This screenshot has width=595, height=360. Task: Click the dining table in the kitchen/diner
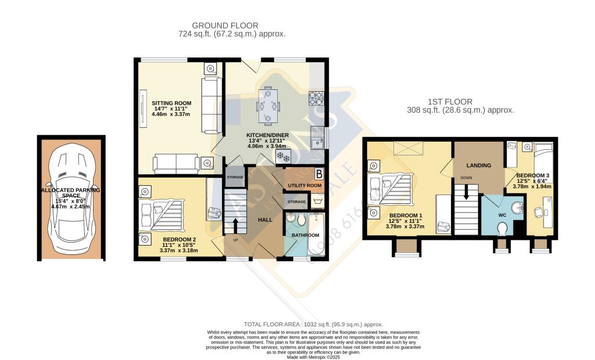(x=268, y=105)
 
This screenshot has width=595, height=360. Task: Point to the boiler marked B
(x=318, y=173)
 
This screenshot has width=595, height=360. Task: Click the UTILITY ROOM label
(x=305, y=185)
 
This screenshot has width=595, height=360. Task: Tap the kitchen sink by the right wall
(x=317, y=138)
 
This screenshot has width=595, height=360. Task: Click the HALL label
(x=266, y=220)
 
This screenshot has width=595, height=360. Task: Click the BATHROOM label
(x=305, y=235)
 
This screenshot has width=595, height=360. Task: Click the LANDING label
(x=478, y=165)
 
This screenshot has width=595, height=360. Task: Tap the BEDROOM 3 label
(x=533, y=175)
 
